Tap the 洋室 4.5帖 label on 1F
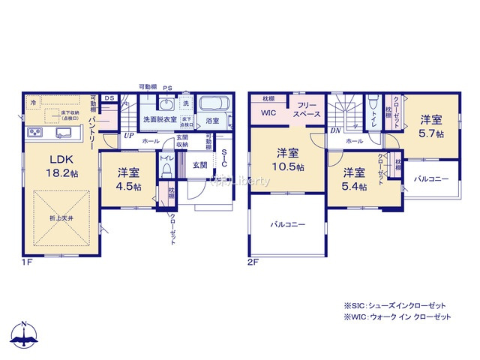[x=128, y=178]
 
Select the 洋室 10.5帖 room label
[x=288, y=159]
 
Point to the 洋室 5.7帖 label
[x=430, y=125]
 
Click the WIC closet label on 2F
[x=268, y=113]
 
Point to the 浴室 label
[x=212, y=120]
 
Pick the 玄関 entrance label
[x=199, y=165]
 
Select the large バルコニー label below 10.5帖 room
[x=288, y=225]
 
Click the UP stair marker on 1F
[x=129, y=136]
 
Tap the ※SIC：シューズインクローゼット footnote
[x=394, y=305]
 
